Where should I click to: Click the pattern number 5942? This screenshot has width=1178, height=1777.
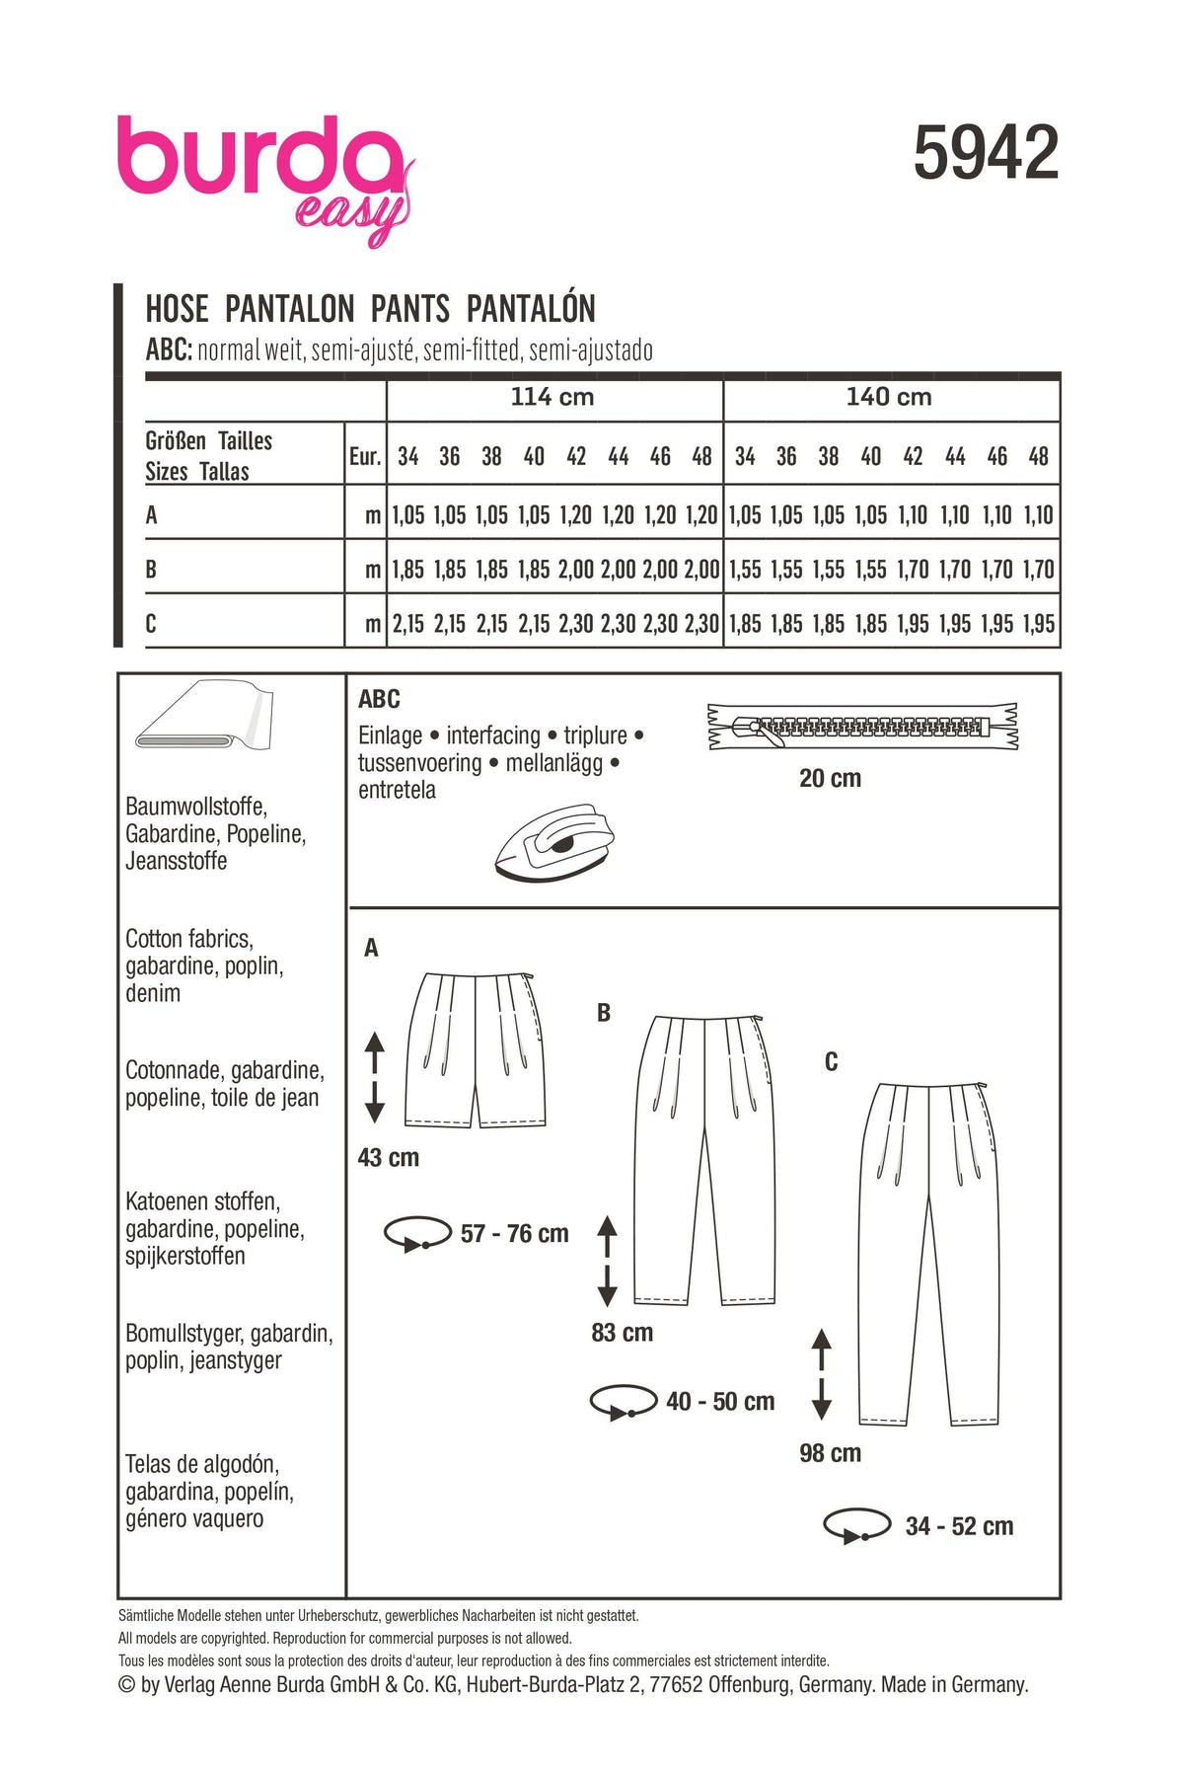click(986, 154)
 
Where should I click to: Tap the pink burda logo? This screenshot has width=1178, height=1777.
click(261, 163)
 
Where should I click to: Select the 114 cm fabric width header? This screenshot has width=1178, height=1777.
click(552, 397)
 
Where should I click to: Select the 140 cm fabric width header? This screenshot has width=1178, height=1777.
click(889, 397)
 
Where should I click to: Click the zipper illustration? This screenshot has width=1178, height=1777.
click(862, 727)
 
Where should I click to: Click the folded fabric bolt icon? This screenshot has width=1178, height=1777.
click(204, 715)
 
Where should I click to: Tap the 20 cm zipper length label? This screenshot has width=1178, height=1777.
click(830, 779)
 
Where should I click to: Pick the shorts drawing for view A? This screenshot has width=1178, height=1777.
click(475, 1049)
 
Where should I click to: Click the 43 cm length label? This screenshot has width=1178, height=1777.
click(388, 1157)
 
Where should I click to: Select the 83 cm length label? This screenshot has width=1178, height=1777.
click(622, 1333)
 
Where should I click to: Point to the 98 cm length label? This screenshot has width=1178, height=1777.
click(830, 1453)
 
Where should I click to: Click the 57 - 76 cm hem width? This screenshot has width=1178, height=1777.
click(514, 1234)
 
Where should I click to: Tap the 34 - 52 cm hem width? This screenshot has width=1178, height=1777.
click(959, 1526)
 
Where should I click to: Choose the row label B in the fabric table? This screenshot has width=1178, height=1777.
click(151, 570)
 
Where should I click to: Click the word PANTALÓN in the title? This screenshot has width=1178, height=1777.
click(531, 309)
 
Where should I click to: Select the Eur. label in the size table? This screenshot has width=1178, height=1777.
click(364, 456)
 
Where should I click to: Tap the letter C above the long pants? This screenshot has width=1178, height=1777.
click(831, 1062)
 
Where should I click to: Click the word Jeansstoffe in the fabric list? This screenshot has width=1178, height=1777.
click(177, 861)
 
